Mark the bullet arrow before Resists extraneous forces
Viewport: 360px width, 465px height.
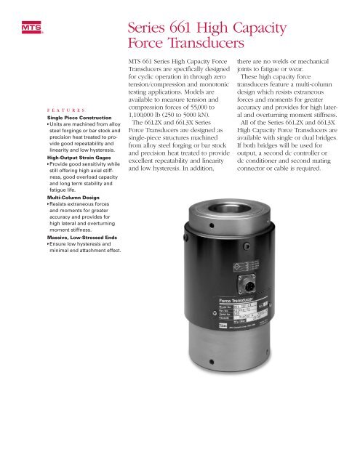(48, 206)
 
